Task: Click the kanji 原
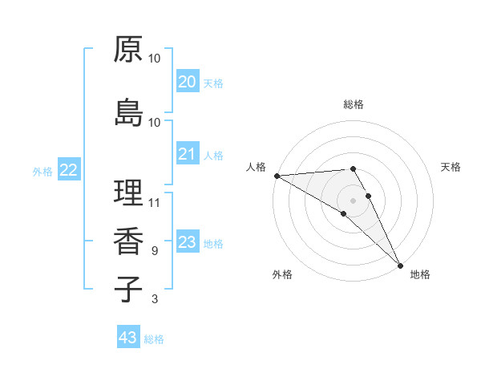(x=128, y=49)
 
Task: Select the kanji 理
(x=128, y=193)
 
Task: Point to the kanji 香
(x=128, y=241)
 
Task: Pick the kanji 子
(x=128, y=289)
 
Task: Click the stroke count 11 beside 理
(x=155, y=201)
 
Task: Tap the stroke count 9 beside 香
(x=155, y=250)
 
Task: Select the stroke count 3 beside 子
(x=155, y=299)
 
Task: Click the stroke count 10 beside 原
(x=155, y=59)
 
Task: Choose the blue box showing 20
(x=187, y=82)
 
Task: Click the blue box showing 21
(x=187, y=154)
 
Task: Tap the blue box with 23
(x=187, y=242)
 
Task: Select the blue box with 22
(x=69, y=170)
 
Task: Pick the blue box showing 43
(x=128, y=338)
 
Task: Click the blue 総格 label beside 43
(x=154, y=339)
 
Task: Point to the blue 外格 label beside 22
(x=42, y=172)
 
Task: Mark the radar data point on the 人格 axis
(x=277, y=176)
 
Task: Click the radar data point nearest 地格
(x=399, y=264)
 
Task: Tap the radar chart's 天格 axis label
(x=451, y=167)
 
